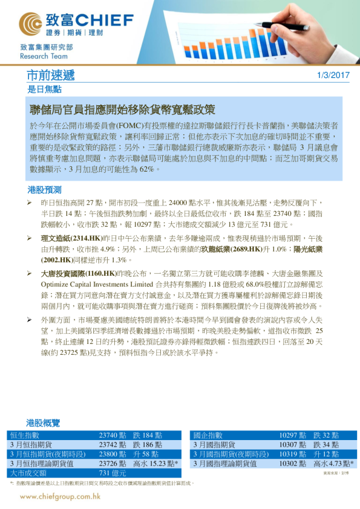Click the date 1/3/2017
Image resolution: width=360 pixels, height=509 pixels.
[333, 76]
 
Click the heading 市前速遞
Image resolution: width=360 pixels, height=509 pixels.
[51, 76]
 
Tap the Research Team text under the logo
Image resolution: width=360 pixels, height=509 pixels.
[41, 56]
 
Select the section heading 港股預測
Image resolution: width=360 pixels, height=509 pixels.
[45, 189]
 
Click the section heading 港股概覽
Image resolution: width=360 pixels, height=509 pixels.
[44, 423]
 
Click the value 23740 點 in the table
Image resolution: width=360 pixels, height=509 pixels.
[113, 435]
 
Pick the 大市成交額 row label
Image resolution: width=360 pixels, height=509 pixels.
[28, 473]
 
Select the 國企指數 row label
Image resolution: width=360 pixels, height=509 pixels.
[208, 435]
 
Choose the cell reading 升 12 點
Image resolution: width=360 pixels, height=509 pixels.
[326, 454]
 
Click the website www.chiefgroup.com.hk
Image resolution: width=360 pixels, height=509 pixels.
[60, 496]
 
